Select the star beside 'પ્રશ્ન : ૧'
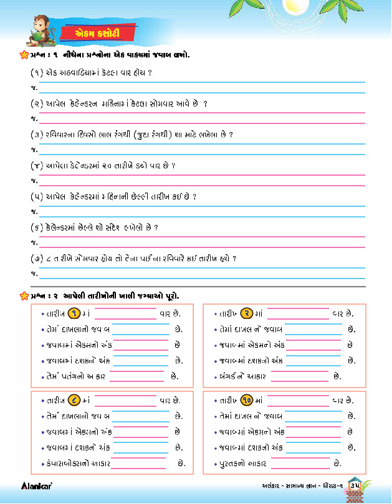coord(16,55)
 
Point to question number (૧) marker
coord(37,73)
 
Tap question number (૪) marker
coord(37,166)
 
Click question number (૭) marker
coord(37,258)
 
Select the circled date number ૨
coord(247,313)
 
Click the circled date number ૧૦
coord(247,401)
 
